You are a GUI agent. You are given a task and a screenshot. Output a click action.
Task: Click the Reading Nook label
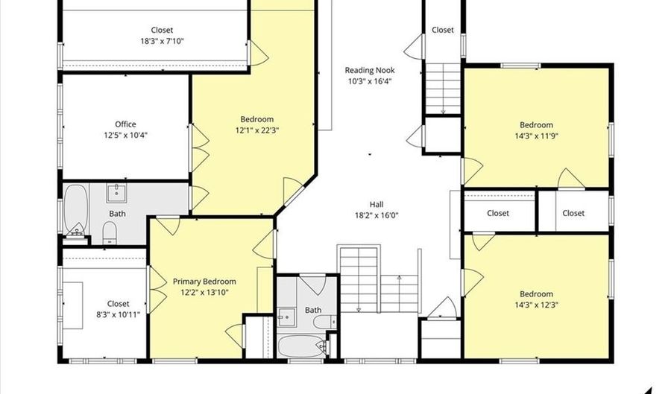(x=370, y=70)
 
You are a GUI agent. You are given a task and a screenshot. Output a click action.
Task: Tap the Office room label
(x=125, y=124)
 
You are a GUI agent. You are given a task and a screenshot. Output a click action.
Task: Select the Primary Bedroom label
(x=204, y=282)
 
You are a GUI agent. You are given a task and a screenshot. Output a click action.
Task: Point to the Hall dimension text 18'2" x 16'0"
(x=377, y=215)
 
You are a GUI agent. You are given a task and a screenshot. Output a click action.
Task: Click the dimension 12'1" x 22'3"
(x=256, y=130)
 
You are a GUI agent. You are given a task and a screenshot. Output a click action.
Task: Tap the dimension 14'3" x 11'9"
(x=536, y=136)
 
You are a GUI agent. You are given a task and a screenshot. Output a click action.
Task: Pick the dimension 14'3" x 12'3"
(x=536, y=305)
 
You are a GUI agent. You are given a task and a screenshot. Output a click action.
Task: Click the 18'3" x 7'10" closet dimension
(x=163, y=41)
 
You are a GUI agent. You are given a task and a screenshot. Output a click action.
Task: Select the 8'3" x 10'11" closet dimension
(x=118, y=315)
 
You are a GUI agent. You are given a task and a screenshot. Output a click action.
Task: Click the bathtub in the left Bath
(x=76, y=208)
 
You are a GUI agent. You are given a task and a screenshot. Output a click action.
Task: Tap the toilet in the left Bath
(x=110, y=232)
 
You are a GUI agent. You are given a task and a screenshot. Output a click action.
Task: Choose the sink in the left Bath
(x=116, y=193)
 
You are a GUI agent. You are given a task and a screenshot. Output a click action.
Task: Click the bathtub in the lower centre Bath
(x=302, y=346)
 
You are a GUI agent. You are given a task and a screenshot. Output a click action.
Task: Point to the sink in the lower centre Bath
(x=286, y=317)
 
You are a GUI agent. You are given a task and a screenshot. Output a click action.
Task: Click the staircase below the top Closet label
(x=443, y=88)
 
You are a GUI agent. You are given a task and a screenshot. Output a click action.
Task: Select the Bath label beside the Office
(x=117, y=213)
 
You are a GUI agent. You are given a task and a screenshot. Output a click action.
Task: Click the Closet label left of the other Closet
(x=498, y=213)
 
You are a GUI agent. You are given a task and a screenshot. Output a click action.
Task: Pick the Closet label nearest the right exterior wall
(x=573, y=213)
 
